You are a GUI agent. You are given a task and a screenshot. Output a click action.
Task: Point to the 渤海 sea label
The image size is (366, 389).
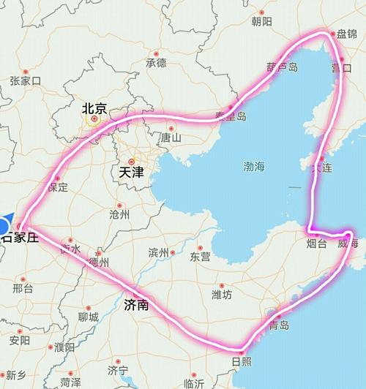253,167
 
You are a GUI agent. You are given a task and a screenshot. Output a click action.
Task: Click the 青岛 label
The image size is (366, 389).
279,324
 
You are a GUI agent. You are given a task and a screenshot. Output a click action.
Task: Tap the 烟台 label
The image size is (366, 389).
316,243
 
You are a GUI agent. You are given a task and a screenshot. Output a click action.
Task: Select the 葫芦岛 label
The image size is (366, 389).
282,67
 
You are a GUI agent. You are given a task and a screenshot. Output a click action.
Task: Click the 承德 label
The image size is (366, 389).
157,63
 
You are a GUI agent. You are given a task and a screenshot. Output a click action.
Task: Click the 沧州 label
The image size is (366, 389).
119,214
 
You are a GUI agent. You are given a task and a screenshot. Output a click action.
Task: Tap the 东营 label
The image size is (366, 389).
200,257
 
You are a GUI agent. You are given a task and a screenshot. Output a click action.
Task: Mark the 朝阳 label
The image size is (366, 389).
261,22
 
